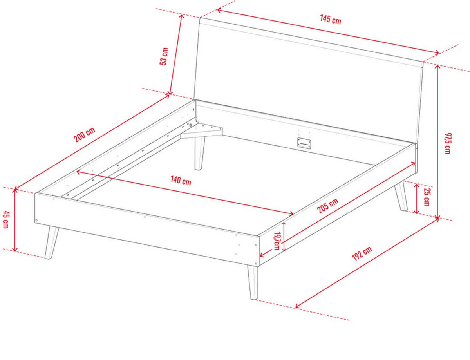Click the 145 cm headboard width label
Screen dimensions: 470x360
331,20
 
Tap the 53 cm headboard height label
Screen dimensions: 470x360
164,56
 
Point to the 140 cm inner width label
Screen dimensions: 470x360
181,181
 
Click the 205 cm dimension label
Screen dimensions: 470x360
327,206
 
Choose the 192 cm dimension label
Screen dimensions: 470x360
362,253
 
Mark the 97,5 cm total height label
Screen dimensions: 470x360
448,143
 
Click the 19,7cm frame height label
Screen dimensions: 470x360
277,241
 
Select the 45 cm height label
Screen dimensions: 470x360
5,220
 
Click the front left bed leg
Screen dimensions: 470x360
51,242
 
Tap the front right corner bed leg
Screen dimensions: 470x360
253,282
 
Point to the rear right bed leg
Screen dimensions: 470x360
401,196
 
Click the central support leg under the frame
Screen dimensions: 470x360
199,153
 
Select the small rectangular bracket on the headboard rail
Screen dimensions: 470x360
304,143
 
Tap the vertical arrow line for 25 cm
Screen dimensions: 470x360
417,199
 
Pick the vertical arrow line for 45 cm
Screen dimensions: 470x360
15,220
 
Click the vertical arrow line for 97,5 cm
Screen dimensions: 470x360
437,142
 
